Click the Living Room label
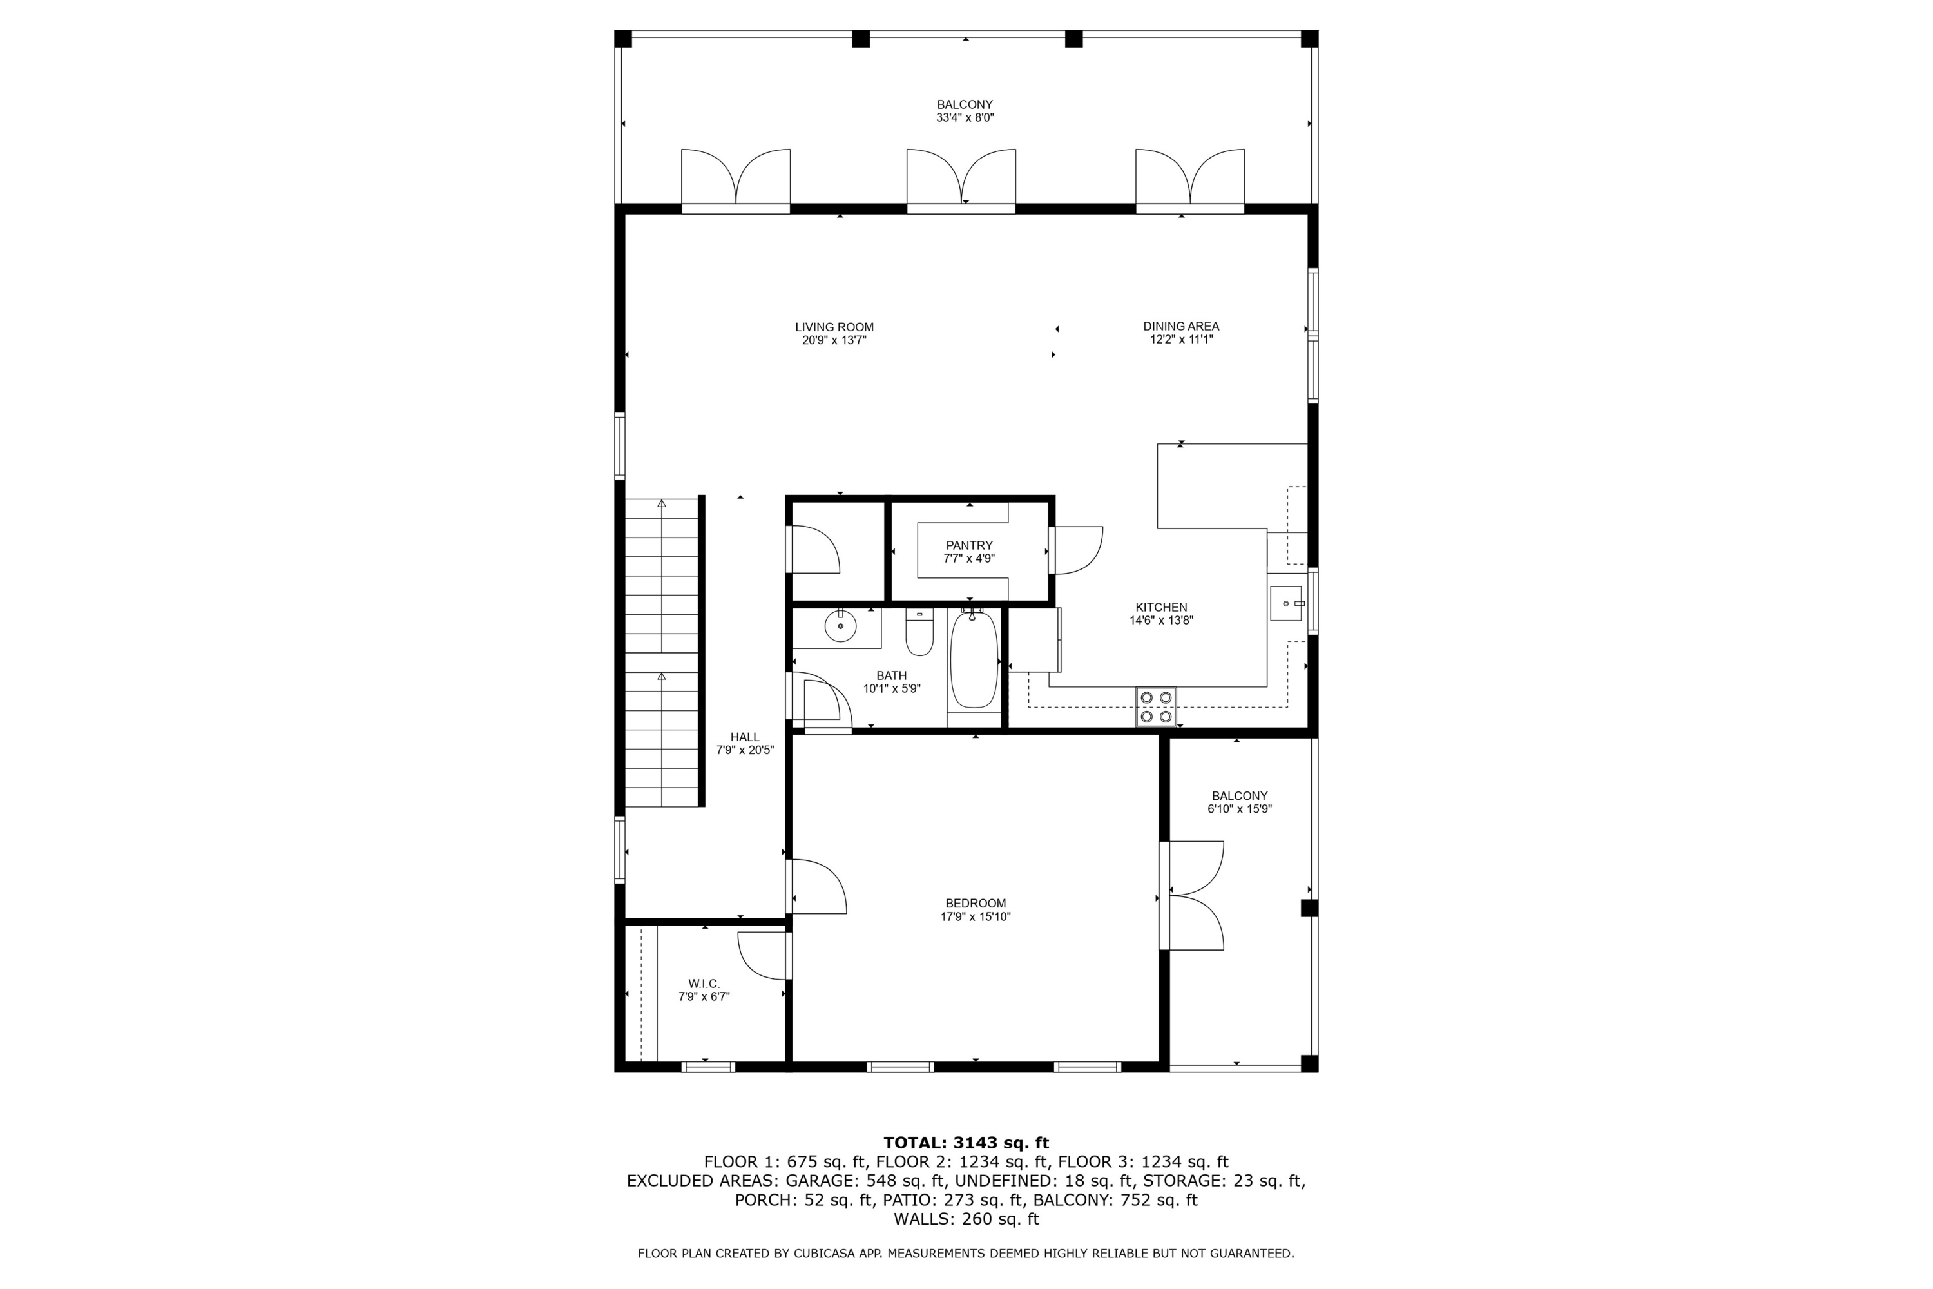pyautogui.click(x=834, y=327)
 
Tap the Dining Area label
pyautogui.click(x=1181, y=326)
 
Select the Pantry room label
pyautogui.click(x=969, y=545)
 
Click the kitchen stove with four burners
pyautogui.click(x=1155, y=707)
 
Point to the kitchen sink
pyautogui.click(x=1286, y=603)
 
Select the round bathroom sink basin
pyautogui.click(x=841, y=626)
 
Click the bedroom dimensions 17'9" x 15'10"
pyautogui.click(x=976, y=916)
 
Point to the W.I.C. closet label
pyautogui.click(x=704, y=984)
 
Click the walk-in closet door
pyautogui.click(x=764, y=955)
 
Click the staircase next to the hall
pyautogui.click(x=662, y=654)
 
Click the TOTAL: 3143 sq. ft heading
pyautogui.click(x=966, y=1143)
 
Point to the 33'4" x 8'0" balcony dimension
pyautogui.click(x=965, y=117)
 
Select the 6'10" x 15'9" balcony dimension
pyautogui.click(x=1239, y=809)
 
